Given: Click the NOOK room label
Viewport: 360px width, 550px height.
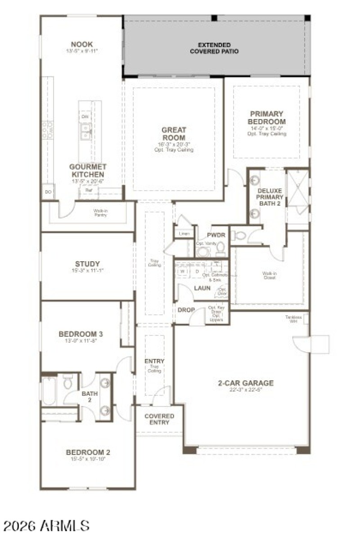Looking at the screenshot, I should pyautogui.click(x=82, y=45).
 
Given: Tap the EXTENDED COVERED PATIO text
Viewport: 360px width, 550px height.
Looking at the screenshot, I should pyautogui.click(x=214, y=48).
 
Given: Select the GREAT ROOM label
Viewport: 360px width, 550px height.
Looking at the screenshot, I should pyautogui.click(x=174, y=134).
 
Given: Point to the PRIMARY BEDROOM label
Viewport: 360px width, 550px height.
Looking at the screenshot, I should pyautogui.click(x=268, y=118).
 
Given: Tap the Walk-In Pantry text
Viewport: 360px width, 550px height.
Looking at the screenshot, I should pyautogui.click(x=100, y=212).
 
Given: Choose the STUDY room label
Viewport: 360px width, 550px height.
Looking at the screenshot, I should pyautogui.click(x=88, y=264).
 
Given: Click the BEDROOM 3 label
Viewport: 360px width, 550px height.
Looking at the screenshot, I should pyautogui.click(x=81, y=334).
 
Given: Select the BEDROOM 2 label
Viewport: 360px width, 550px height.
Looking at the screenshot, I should pyautogui.click(x=88, y=452).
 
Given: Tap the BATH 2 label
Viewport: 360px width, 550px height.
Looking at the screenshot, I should pyautogui.click(x=90, y=396).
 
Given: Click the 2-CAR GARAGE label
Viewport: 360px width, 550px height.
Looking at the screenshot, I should pyautogui.click(x=246, y=383).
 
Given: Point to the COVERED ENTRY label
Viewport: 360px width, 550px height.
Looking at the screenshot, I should pyautogui.click(x=159, y=419).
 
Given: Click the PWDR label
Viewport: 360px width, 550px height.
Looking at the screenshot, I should pyautogui.click(x=213, y=235).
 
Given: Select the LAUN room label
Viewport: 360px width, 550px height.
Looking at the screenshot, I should pyautogui.click(x=202, y=288).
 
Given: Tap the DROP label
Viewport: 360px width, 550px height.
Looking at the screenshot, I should pyautogui.click(x=186, y=310).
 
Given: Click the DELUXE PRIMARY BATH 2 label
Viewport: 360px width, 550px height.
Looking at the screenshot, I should pyautogui.click(x=270, y=197).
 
